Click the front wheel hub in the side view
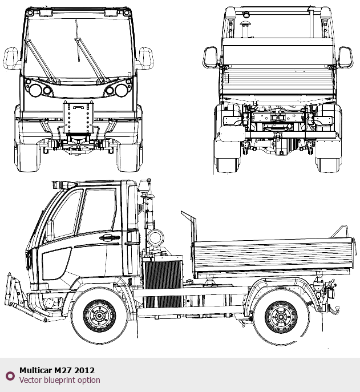coord(99,316)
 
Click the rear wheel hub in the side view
coord(281,317)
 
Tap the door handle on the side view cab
coord(110,237)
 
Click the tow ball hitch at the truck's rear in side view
coord(334,309)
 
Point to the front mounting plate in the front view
coord(78,117)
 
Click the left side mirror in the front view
coord(11,58)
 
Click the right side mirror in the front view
coord(146,58)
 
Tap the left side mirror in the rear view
coord(210,57)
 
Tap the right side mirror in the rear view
coord(346,57)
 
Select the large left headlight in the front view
coord(35,90)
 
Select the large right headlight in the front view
coord(122,90)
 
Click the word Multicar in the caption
coord(35,370)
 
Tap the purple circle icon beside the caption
coord(10,376)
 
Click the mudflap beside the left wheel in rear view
coord(232,134)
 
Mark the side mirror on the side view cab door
coord(50,231)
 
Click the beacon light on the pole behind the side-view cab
coord(144,186)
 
